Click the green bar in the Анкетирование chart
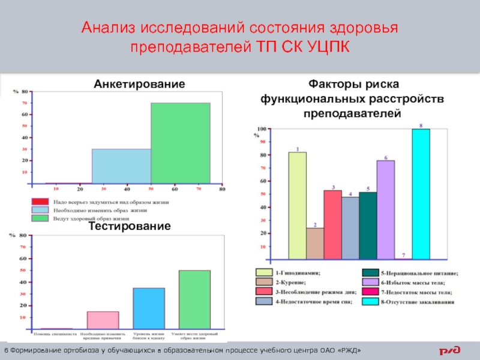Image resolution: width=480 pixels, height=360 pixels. pos(180,143)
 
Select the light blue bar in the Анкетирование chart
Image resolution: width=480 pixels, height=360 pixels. pos(121,166)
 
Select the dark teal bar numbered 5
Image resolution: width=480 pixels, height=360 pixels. pos(368,225)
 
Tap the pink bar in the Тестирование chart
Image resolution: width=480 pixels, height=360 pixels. pos(103,320)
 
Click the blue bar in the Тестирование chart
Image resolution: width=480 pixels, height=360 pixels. pos(149,308)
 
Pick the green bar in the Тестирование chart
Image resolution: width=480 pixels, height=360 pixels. pos(194,299)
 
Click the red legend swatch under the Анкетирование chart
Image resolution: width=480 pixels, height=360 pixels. pos(39,202)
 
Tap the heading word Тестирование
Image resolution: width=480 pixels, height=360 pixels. pos(130,226)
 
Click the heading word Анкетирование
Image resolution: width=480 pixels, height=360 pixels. pos(139,85)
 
